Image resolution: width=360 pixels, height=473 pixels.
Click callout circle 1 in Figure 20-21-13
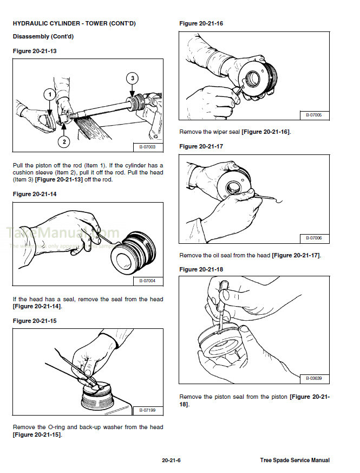49,95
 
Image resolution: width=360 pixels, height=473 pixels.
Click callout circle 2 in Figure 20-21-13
64,142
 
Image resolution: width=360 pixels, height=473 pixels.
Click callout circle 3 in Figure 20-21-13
133,79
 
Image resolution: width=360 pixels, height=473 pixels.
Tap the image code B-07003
147,147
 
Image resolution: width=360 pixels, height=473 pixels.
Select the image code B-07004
147,281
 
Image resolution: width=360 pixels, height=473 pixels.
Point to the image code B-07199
147,410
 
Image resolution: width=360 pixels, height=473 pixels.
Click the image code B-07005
313,115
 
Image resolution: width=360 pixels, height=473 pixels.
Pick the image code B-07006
313,238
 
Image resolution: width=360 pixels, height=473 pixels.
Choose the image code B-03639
313,378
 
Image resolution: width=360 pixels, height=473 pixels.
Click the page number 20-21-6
171,461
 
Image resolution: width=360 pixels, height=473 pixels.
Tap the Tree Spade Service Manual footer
294,461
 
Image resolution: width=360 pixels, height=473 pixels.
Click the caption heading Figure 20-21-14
35,194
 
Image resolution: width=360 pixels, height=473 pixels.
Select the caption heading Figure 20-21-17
201,146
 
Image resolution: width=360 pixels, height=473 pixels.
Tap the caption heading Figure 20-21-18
201,269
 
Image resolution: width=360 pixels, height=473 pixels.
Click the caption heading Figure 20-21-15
35,321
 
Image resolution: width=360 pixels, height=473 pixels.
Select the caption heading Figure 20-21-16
201,23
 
